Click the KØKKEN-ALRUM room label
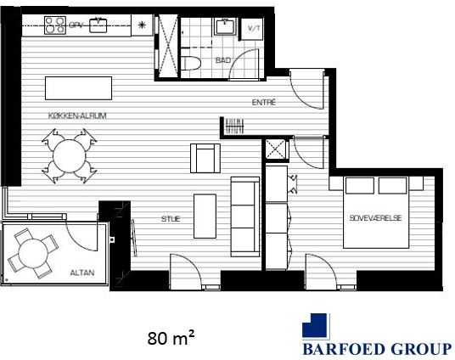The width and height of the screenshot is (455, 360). pyautogui.click(x=77, y=115)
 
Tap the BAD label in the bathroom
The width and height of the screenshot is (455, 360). pyautogui.click(x=223, y=60)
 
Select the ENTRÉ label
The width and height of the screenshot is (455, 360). pyautogui.click(x=263, y=102)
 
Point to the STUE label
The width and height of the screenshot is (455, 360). pyautogui.click(x=171, y=218)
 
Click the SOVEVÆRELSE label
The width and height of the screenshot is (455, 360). pyautogui.click(x=375, y=217)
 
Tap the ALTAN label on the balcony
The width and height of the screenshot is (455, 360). pyautogui.click(x=82, y=273)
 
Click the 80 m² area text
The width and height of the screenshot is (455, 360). pyautogui.click(x=171, y=338)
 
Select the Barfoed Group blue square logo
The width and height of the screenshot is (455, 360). pyautogui.click(x=316, y=326)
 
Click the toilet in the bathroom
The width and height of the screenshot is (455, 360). pyautogui.click(x=191, y=63)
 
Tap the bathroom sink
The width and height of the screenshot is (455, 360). pyautogui.click(x=226, y=26)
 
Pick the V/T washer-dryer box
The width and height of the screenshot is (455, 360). pyautogui.click(x=252, y=29)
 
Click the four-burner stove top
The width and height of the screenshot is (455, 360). pyautogui.click(x=55, y=25)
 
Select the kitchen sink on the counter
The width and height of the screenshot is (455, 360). pyautogui.click(x=98, y=25)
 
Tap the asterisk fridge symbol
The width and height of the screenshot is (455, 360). pyautogui.click(x=142, y=25)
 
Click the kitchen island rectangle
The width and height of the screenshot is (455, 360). pyautogui.click(x=78, y=88)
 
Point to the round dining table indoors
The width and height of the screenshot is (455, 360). pyautogui.click(x=70, y=156)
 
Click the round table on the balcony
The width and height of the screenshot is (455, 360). pyautogui.click(x=33, y=254)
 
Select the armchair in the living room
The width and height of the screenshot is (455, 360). pyautogui.click(x=205, y=158)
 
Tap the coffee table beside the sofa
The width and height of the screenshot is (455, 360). pyautogui.click(x=205, y=217)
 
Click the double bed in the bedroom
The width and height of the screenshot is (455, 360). pyautogui.click(x=376, y=212)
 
